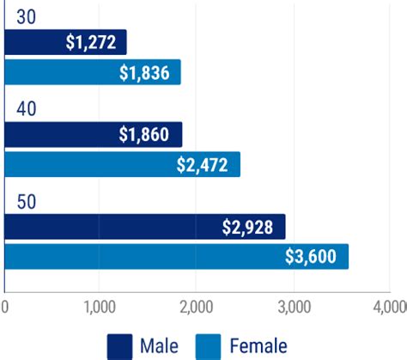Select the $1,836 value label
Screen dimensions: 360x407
pos(149,72)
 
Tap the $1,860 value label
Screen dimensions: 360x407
pos(149,135)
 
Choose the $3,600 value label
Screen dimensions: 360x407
pos(312,256)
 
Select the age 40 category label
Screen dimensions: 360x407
pos(27,109)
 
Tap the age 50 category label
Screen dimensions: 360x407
pos(27,202)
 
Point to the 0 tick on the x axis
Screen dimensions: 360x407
pos(5,307)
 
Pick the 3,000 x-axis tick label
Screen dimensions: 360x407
pos(293,307)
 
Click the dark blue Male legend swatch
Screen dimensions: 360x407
pos(119,345)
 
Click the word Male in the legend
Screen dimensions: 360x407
pos(160,345)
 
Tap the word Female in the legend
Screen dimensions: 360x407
pos(258,345)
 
